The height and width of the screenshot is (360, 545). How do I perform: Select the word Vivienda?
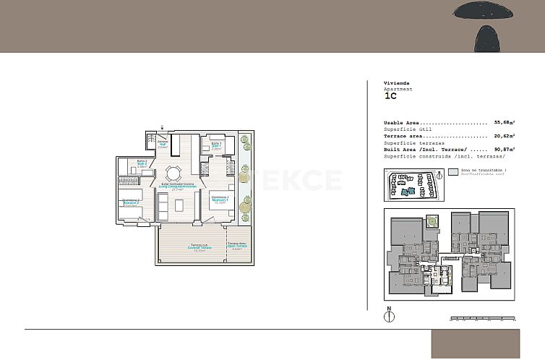(396, 83)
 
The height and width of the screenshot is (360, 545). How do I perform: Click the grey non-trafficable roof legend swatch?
(453, 173)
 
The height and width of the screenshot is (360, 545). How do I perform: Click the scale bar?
(483, 317)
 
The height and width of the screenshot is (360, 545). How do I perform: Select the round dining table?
(173, 173)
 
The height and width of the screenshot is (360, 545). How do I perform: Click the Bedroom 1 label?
(220, 199)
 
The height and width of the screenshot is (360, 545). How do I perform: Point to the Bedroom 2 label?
(131, 202)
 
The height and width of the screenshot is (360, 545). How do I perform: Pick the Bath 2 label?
(142, 163)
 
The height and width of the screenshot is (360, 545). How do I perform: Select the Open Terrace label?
(237, 246)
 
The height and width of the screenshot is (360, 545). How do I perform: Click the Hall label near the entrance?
(163, 143)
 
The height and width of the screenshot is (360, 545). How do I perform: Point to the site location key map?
(413, 185)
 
